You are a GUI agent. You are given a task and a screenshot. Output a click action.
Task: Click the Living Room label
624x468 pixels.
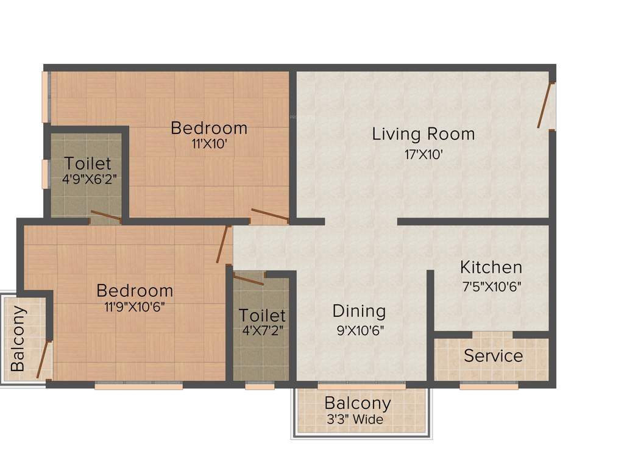click(424, 133)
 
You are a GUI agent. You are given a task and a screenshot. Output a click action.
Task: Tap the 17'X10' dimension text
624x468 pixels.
click(424, 155)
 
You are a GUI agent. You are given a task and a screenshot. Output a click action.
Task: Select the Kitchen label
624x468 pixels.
click(491, 267)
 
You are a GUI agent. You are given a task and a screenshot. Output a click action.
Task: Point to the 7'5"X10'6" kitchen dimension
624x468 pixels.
click(491, 286)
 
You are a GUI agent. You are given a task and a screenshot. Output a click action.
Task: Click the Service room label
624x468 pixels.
click(494, 356)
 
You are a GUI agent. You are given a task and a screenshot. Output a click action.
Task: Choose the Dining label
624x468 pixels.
click(359, 311)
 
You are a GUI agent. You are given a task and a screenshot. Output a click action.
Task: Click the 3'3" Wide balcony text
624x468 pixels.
click(355, 419)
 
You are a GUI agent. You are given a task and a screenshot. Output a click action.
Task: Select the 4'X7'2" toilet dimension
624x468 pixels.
click(262, 331)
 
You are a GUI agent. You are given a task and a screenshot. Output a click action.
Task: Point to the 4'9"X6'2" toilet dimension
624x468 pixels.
click(88, 180)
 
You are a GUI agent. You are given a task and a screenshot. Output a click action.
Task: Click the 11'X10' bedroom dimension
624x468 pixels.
click(209, 145)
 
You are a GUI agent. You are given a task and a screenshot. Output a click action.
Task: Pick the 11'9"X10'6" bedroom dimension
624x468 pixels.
click(135, 307)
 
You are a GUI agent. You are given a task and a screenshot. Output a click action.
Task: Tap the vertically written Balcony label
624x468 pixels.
click(18, 338)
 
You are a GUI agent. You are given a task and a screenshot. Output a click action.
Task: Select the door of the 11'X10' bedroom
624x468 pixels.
click(270, 214)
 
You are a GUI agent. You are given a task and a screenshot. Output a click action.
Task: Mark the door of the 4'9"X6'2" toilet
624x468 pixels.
click(105, 216)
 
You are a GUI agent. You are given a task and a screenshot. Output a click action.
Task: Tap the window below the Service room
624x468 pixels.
click(489, 386)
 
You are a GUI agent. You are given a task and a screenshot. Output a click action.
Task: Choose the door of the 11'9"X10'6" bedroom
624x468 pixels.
click(222, 244)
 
